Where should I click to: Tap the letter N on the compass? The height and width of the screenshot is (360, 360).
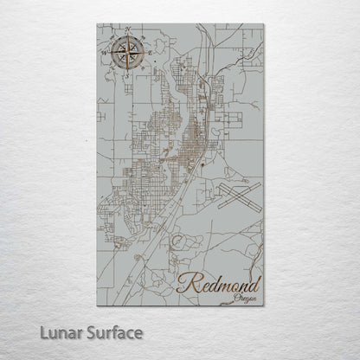point(127,29)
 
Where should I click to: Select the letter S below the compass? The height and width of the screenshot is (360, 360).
point(125,80)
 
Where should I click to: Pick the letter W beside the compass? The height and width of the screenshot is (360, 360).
point(102,55)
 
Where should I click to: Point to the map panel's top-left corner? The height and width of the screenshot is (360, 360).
point(97,24)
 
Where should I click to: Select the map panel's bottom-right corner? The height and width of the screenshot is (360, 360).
point(263,305)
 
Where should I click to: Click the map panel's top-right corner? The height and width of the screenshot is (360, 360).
point(263,24)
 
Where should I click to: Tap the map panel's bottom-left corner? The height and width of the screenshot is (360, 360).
point(97,305)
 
